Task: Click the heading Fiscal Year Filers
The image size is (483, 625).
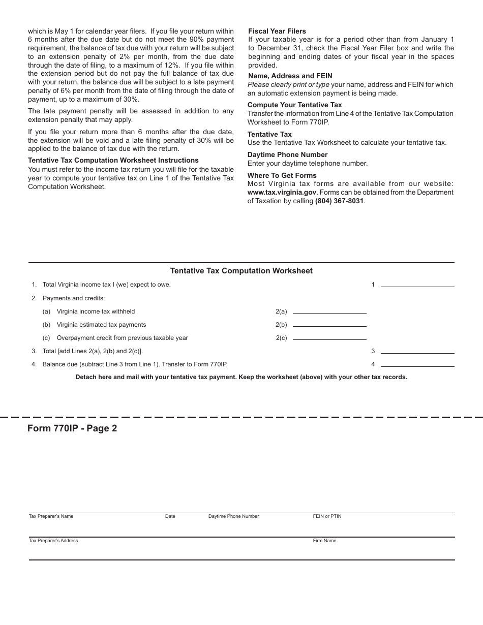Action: point(277,31)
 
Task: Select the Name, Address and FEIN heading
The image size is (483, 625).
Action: point(290,76)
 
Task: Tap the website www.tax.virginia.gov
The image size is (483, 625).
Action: point(282,192)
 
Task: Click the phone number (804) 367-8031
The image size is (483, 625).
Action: point(339,201)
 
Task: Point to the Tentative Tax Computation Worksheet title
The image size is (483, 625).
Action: point(241,271)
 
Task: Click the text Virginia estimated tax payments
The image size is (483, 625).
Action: point(101,325)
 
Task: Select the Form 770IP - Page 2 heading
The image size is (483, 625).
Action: point(72,428)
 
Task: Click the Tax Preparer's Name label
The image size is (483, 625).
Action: point(51,516)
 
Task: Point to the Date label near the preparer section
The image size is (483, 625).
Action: point(170,516)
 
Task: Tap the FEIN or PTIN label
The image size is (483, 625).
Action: point(327,516)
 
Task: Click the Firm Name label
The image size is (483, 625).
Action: point(324,541)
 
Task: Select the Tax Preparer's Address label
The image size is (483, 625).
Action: point(53,541)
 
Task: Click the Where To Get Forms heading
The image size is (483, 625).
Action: point(282,175)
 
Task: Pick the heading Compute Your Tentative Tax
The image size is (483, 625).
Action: point(294,105)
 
